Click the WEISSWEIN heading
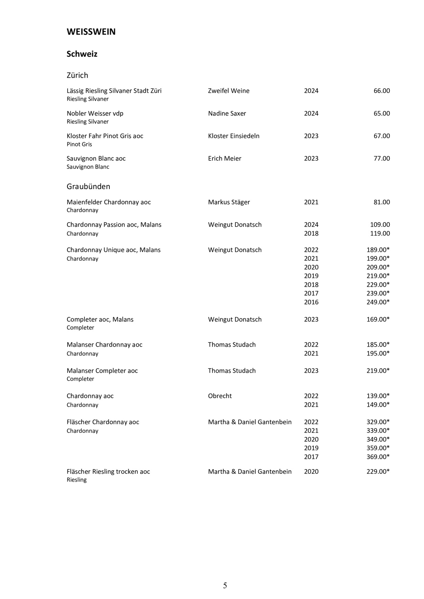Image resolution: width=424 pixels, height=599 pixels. pyautogui.click(x=91, y=32)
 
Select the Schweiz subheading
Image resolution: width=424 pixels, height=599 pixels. pyautogui.click(x=82, y=54)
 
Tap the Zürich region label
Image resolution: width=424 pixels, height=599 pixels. pyautogui.click(x=77, y=75)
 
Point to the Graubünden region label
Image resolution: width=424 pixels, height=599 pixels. pyautogui.click(x=88, y=187)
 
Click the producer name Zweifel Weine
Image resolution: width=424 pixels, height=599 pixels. pyautogui.click(x=228, y=91)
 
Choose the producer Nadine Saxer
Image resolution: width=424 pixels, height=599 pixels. pyautogui.click(x=227, y=114)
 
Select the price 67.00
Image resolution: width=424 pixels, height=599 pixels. pyautogui.click(x=381, y=136)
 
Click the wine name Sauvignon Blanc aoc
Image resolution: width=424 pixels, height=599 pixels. pyautogui.click(x=96, y=158)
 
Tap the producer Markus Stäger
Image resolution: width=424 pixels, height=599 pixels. pyautogui.click(x=229, y=202)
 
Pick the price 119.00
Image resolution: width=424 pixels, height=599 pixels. pyautogui.click(x=380, y=234)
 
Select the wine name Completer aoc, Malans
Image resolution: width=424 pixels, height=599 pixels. pyautogui.click(x=100, y=319)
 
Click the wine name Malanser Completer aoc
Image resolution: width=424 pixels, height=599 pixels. pyautogui.click(x=102, y=371)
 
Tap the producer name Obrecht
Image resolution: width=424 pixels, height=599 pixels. pyautogui.click(x=220, y=396)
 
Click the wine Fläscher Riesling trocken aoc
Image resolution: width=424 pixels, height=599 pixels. pyautogui.click(x=108, y=472)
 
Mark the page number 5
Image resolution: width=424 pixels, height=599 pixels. pyautogui.click(x=225, y=586)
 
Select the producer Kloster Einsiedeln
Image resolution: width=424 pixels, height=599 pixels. pyautogui.click(x=234, y=136)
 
